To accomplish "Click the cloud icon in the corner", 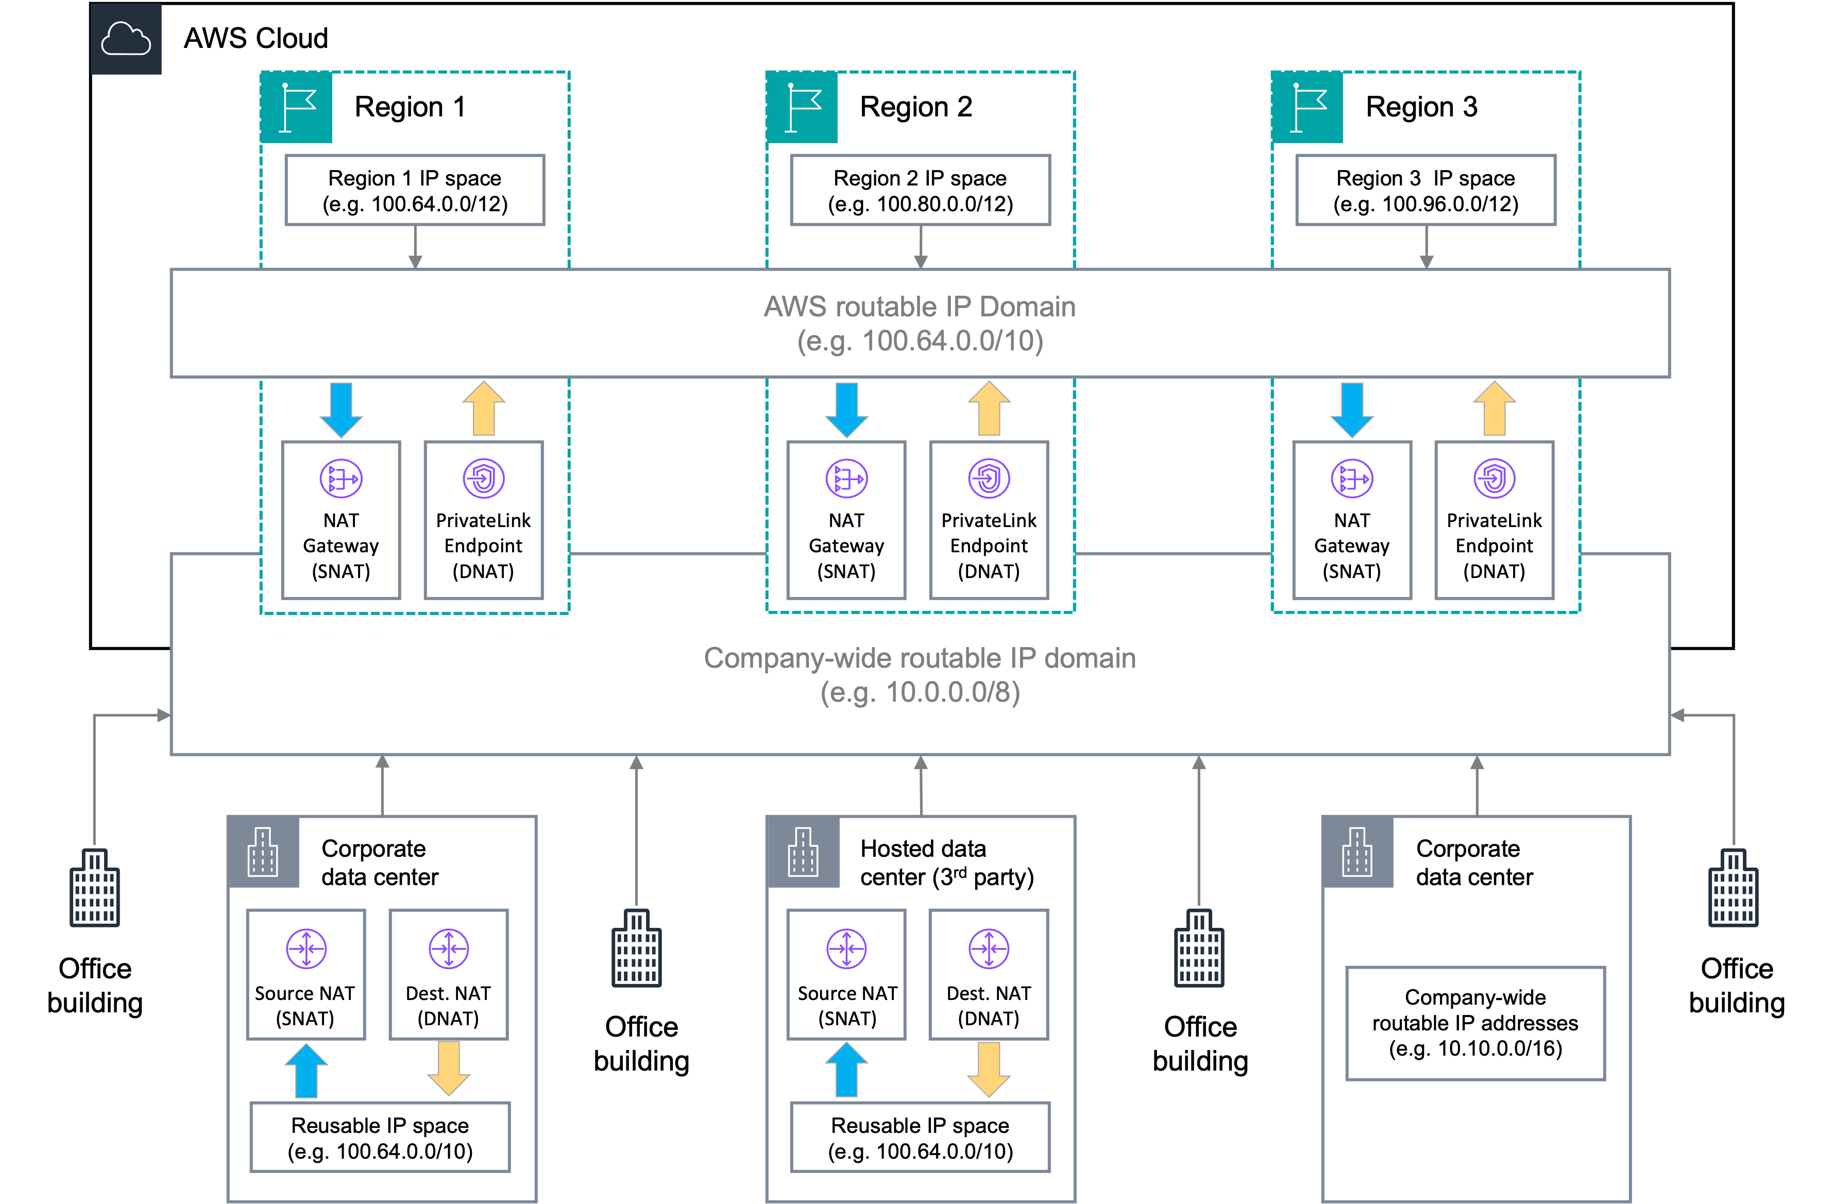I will (x=126, y=39).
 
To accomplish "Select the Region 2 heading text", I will (x=915, y=107).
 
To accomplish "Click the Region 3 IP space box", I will (x=1425, y=190).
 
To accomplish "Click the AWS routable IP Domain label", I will (x=919, y=307).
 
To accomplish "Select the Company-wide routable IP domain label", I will (x=919, y=658).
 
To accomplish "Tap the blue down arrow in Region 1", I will (x=341, y=410).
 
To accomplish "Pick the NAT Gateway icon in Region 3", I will (x=1352, y=479).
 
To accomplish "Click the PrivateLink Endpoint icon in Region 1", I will (x=483, y=479).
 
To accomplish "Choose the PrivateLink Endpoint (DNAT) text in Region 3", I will (x=1494, y=546).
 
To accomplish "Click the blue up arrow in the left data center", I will (x=307, y=1070).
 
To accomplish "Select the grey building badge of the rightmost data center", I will (x=1357, y=852).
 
